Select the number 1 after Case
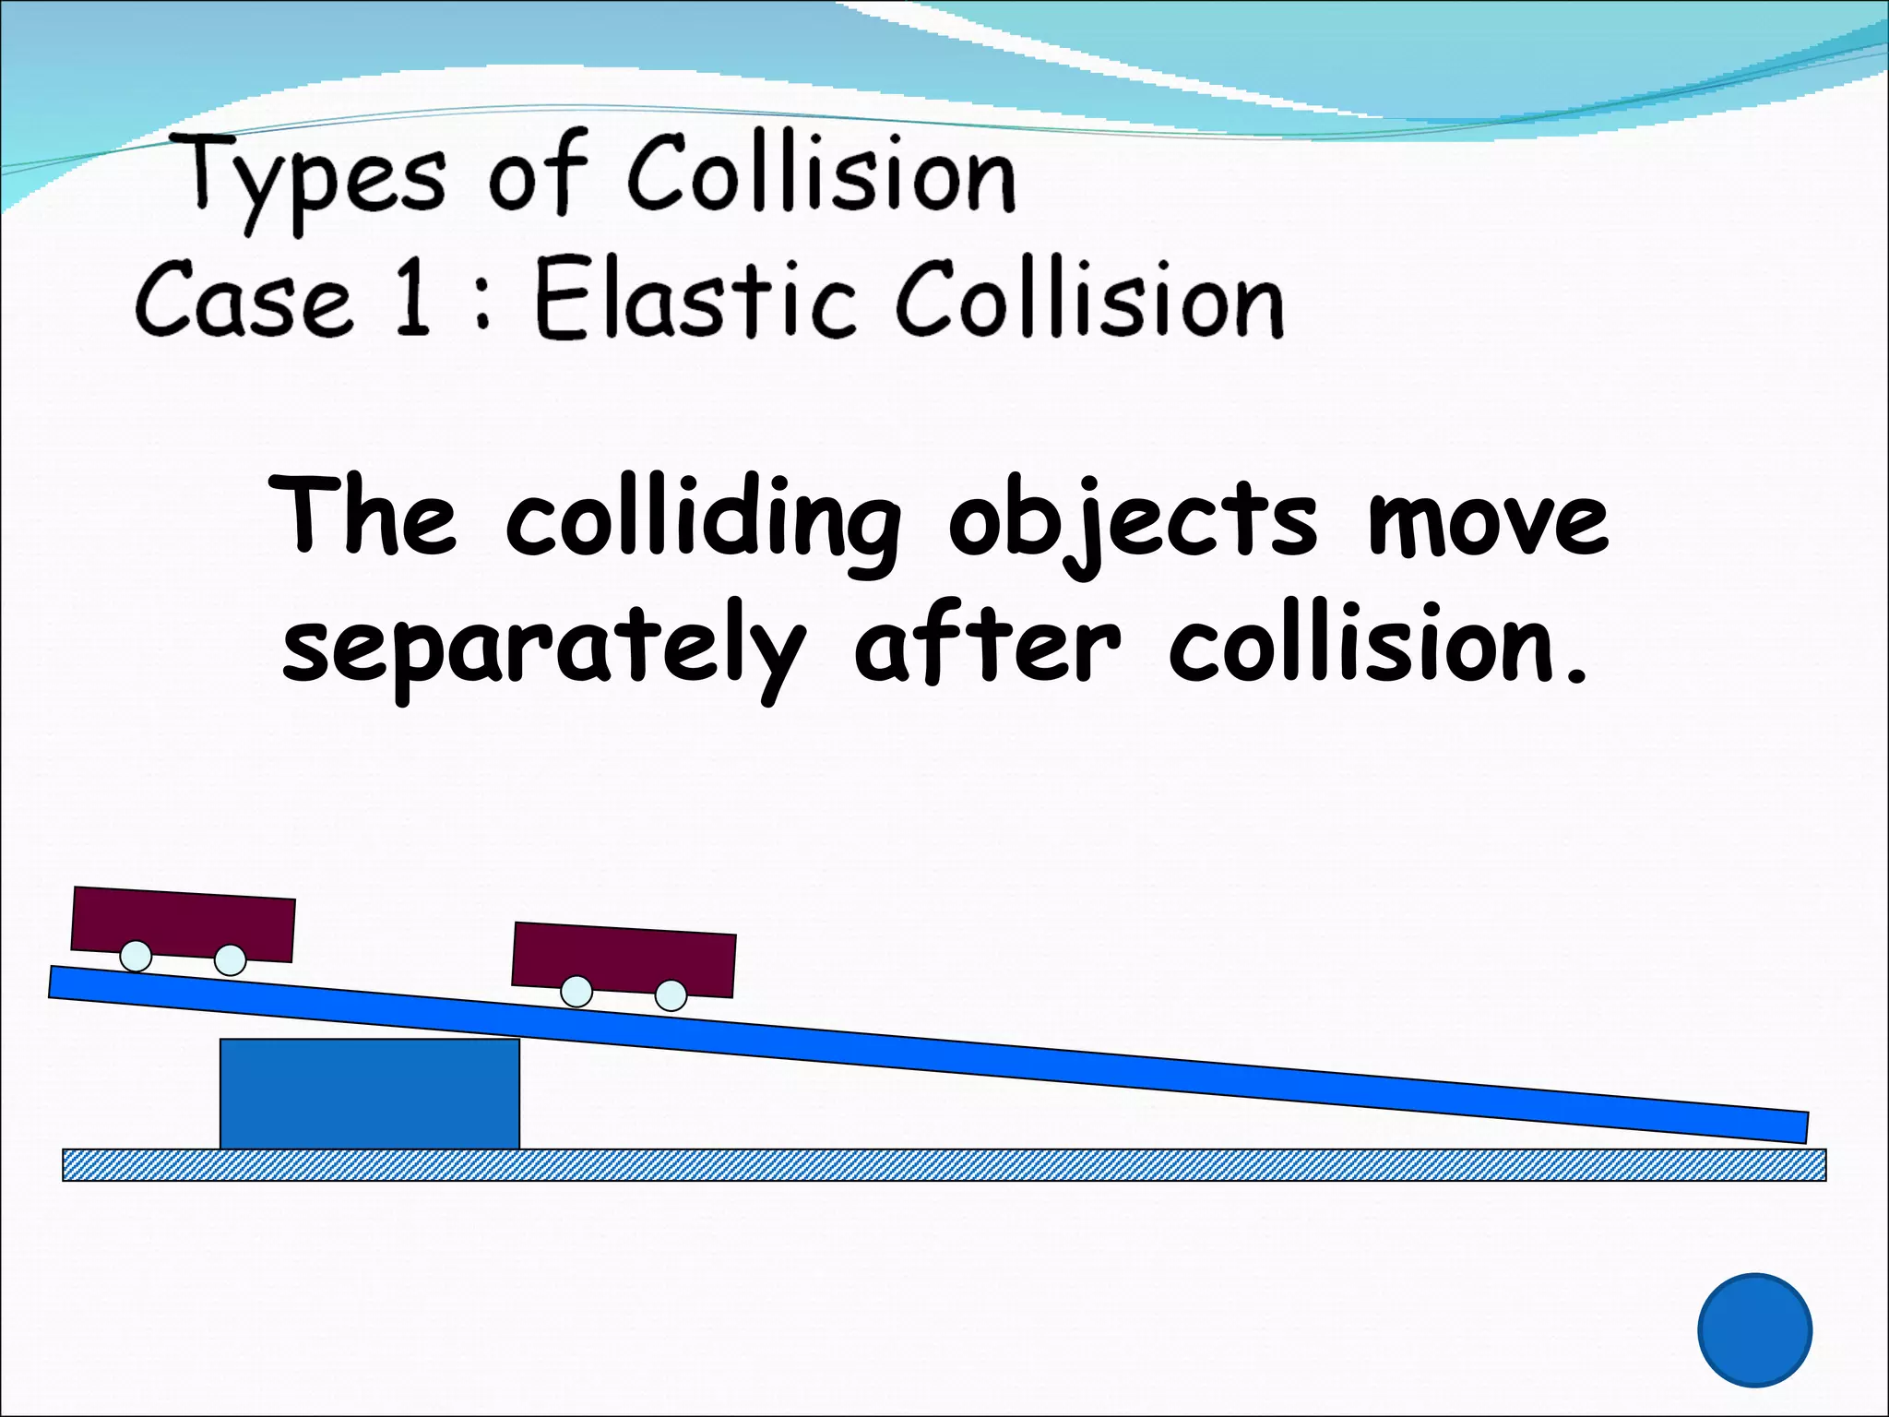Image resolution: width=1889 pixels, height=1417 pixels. point(411,298)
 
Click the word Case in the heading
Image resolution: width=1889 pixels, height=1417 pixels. point(244,300)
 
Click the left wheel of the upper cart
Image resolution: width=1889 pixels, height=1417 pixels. point(136,956)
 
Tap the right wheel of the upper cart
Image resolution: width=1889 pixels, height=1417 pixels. point(231,960)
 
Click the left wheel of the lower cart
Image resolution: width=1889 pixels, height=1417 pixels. point(576,992)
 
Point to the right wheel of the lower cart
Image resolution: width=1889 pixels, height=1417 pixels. point(671,995)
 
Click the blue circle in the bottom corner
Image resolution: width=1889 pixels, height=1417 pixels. point(1754,1329)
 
